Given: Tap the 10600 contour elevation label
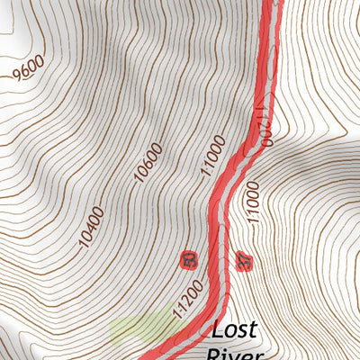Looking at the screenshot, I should pyautogui.click(x=150, y=163).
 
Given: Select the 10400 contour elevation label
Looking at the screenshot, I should pyautogui.click(x=91, y=227).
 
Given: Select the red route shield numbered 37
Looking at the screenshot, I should pyautogui.click(x=241, y=262).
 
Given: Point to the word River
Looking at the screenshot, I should pyautogui.click(x=236, y=354).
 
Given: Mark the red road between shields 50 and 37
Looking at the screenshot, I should pyautogui.click(x=215, y=261).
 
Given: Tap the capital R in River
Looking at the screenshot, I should pyautogui.click(x=214, y=354).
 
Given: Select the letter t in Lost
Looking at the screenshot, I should pyautogui.click(x=256, y=328).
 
